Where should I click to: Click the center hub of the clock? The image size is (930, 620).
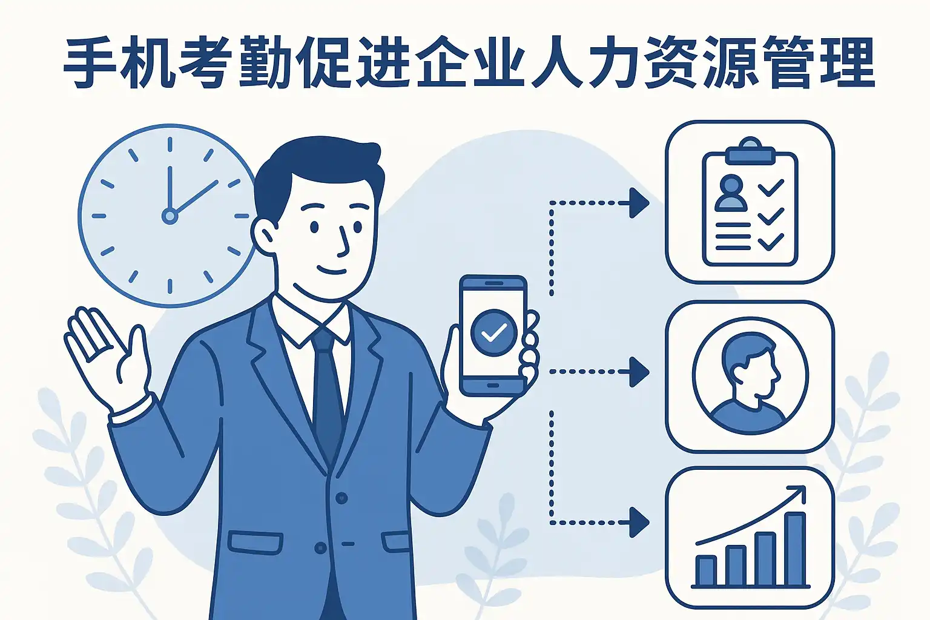pyautogui.click(x=170, y=215)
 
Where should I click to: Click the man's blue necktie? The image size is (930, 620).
pyautogui.click(x=327, y=394)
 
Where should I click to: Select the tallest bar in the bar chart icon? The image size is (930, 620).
pyautogui.click(x=795, y=548)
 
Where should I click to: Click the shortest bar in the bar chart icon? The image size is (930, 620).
pyautogui.click(x=705, y=570)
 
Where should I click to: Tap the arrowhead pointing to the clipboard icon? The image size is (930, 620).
pyautogui.click(x=639, y=203)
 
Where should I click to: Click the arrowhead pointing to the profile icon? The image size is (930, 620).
pyautogui.click(x=639, y=371)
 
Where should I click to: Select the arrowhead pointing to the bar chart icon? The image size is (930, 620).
pyautogui.click(x=639, y=522)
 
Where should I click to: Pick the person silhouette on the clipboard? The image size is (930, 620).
pyautogui.click(x=730, y=193)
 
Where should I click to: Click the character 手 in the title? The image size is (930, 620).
pyautogui.click(x=91, y=62)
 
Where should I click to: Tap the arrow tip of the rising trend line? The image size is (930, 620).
pyautogui.click(x=803, y=489)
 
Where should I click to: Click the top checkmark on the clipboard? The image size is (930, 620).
pyautogui.click(x=770, y=188)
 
